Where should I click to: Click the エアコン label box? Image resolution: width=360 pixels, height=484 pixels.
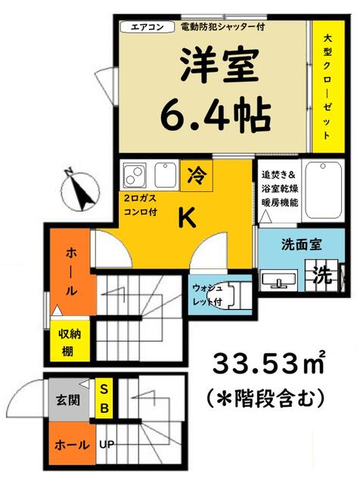(x=147, y=27)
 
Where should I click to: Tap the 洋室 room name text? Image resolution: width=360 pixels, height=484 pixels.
(x=219, y=66)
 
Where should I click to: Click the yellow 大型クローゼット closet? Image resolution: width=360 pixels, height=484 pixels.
(x=328, y=86)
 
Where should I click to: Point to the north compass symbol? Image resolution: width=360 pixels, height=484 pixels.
(x=79, y=191)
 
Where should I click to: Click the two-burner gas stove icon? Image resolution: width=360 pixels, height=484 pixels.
(x=135, y=175)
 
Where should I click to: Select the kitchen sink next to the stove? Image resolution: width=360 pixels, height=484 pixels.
(x=166, y=175)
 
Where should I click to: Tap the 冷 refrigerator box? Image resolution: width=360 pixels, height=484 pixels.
(x=197, y=175)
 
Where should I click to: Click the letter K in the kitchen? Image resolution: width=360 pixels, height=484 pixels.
(x=187, y=218)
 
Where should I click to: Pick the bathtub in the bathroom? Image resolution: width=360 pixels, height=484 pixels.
(x=323, y=190)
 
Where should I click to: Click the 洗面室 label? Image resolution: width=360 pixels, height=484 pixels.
(x=301, y=245)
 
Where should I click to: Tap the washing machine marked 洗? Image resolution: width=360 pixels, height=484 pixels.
(x=323, y=275)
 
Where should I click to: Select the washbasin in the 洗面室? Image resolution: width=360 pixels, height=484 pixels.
(x=279, y=281)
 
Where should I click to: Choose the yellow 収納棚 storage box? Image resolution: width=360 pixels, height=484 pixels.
(x=70, y=341)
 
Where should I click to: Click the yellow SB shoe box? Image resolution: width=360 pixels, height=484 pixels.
(x=104, y=399)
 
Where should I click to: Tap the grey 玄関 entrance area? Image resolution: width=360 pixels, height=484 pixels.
(x=69, y=400)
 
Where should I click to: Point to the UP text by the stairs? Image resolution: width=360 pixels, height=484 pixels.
(x=107, y=445)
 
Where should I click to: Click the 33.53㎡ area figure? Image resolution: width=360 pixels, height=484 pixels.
(x=268, y=363)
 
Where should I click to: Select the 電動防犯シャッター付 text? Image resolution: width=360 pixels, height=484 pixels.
(x=222, y=27)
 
